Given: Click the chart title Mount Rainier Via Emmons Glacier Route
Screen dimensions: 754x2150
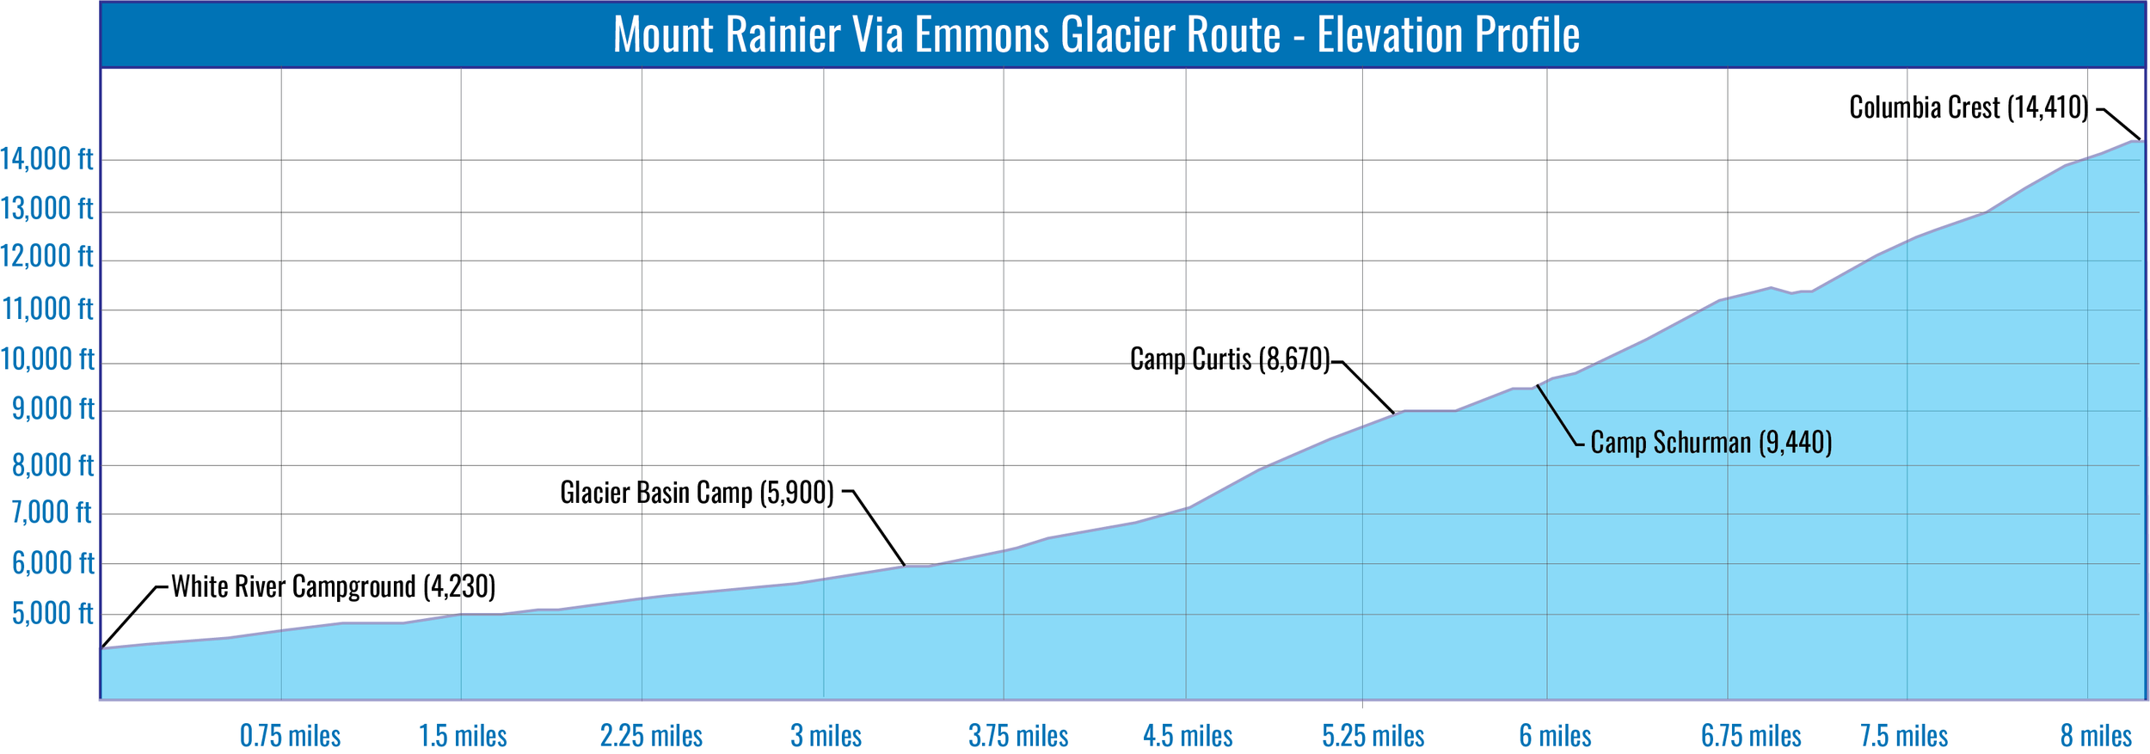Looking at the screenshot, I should coord(1096,35).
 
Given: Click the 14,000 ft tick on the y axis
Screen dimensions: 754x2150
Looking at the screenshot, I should coord(46,159).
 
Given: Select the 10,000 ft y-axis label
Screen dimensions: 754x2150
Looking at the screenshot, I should coord(47,359).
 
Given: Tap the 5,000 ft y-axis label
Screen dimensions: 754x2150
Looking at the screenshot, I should coord(52,614).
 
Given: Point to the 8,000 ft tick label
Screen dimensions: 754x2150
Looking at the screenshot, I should coord(52,465).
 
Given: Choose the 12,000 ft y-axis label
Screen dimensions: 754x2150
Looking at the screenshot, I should coord(46,256).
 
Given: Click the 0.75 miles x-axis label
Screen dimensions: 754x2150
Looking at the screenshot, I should coord(290,736).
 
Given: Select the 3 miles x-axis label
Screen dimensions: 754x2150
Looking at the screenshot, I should coord(826,736).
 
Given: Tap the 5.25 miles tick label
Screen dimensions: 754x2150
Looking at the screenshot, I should coord(1373,736).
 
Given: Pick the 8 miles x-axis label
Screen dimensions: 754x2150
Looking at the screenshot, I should coord(2096,736).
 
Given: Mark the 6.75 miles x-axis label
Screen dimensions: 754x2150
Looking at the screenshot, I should coord(1751,736).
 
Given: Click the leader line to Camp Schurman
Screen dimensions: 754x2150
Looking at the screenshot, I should coord(1556,415).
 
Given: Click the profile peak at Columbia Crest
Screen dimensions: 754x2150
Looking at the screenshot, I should coord(2138,140).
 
